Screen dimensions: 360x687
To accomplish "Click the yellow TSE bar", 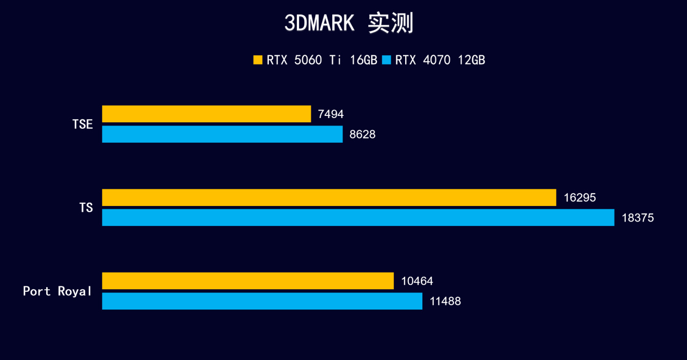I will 206,114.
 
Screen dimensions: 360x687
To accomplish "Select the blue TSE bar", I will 222,134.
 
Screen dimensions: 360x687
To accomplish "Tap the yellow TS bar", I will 329,197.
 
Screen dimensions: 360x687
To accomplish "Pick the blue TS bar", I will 358,217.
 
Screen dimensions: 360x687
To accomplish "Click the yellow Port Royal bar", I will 247,281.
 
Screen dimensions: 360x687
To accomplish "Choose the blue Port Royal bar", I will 262,301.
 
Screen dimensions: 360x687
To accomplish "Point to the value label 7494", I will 331,114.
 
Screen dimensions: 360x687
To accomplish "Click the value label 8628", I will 362,135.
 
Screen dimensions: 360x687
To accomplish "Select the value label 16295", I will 580,197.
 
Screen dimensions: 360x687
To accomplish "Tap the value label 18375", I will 638,218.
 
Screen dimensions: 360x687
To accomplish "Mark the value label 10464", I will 417,281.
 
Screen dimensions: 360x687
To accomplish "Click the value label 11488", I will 445,302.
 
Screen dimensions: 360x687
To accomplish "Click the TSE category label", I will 83,124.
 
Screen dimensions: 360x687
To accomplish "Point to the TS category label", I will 86,208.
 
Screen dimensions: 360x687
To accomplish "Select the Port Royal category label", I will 57,291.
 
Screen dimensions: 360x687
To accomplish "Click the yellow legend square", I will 258,60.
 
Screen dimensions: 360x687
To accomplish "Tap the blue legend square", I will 386,60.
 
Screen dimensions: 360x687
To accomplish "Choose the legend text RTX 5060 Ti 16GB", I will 322,60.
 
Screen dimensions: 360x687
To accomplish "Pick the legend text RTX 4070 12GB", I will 440,60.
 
